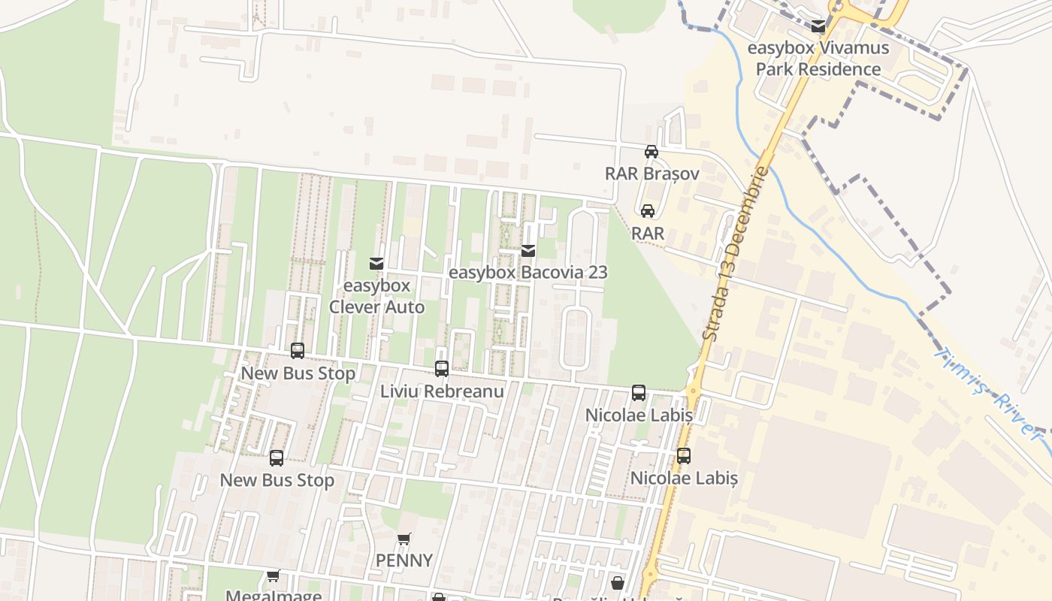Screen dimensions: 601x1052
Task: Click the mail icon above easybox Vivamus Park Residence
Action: click(818, 27)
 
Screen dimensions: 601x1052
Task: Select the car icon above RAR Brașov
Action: click(651, 152)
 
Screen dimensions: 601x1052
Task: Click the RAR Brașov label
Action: click(651, 174)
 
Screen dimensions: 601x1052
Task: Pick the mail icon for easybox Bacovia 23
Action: click(528, 251)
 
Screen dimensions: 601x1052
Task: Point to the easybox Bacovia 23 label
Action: click(528, 272)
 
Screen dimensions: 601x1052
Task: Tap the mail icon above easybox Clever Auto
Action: click(376, 264)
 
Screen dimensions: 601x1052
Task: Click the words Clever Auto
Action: click(376, 307)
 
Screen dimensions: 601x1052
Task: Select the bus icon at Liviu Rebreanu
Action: click(442, 369)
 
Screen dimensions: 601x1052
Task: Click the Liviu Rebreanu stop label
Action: click(442, 391)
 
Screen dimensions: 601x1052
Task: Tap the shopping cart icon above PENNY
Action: click(404, 539)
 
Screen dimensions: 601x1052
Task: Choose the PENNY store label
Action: click(404, 560)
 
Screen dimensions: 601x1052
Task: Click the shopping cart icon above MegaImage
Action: click(274, 576)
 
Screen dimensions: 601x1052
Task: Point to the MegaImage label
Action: click(274, 596)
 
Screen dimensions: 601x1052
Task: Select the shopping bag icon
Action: click(618, 583)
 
